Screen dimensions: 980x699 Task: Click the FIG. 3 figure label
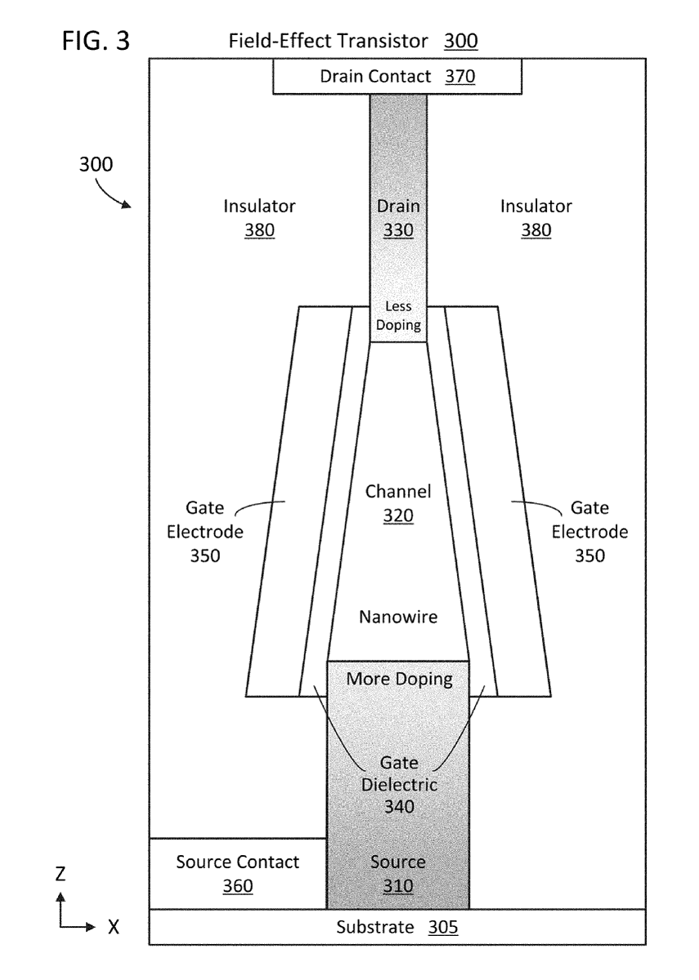coord(95,41)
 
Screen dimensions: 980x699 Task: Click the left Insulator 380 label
coord(259,218)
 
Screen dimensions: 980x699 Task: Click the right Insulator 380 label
coord(535,218)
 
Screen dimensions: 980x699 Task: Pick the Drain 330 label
coord(398,218)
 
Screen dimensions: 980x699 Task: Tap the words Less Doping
coord(398,316)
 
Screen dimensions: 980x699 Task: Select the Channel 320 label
coord(398,504)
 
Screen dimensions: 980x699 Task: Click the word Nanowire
coord(398,617)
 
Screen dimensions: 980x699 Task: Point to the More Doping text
coord(399,679)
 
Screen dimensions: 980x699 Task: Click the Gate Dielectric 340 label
coord(399,785)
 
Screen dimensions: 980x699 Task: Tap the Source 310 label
coord(398,874)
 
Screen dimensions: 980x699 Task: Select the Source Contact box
coord(238,873)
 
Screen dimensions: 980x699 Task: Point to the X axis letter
coord(113,928)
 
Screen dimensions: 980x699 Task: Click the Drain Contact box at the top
coord(397,78)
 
